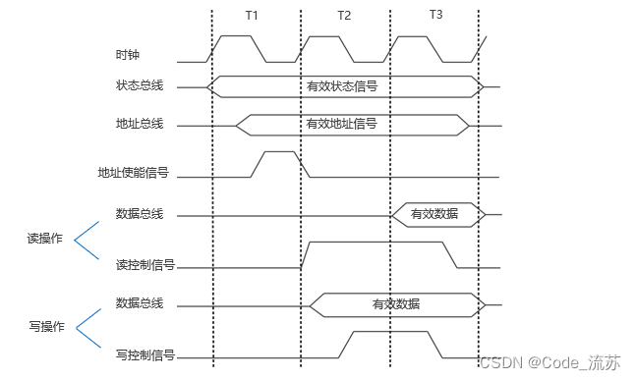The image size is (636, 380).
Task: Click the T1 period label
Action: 253,17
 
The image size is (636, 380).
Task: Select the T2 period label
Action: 343,17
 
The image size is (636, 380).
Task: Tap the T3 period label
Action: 435,16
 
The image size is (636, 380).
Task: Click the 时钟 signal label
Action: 128,55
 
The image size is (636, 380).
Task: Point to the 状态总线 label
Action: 139,86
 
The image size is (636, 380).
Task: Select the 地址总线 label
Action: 139,124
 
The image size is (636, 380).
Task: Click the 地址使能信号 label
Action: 133,174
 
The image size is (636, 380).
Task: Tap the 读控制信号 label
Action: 145,264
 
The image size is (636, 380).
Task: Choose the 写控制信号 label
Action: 145,354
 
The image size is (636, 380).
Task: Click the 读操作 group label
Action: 44,239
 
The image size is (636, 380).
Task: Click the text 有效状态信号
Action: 342,86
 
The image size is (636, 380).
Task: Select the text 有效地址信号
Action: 342,124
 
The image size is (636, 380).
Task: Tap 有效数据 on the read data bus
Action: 434,213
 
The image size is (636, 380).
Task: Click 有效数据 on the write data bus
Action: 396,303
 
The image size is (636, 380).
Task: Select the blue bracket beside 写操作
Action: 88,325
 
